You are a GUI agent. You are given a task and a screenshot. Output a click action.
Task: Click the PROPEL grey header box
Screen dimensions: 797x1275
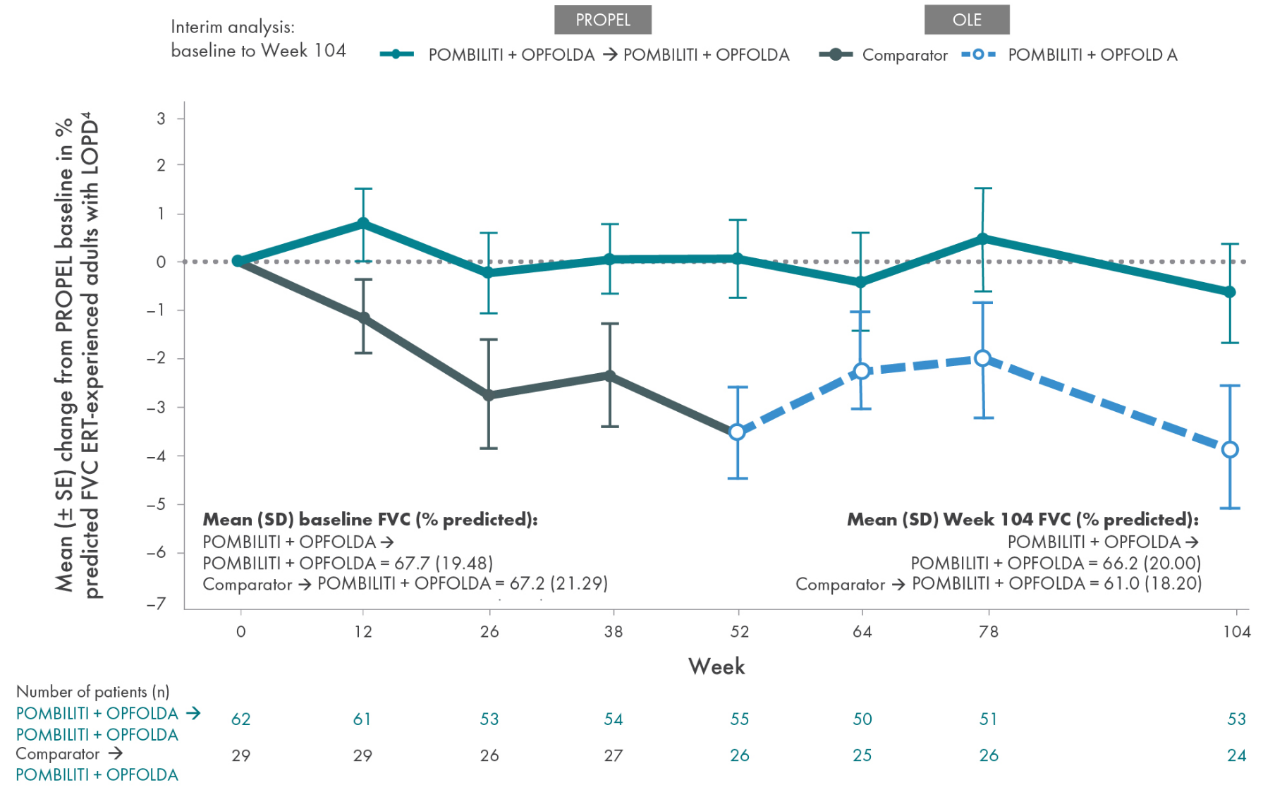coord(602,20)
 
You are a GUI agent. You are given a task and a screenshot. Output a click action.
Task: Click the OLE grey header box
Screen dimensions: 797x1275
coord(966,20)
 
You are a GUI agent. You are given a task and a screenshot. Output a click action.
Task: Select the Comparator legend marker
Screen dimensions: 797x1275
coord(836,54)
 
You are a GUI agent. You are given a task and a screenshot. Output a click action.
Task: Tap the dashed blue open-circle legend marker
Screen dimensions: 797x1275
coord(978,54)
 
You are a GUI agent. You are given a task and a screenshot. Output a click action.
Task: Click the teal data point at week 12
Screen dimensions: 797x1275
coord(363,224)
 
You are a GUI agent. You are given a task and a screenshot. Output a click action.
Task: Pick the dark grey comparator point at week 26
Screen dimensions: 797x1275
coord(489,395)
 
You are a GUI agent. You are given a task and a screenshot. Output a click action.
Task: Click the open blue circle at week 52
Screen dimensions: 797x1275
coord(737,432)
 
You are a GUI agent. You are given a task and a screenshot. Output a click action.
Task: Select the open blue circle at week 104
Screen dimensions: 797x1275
coord(1230,449)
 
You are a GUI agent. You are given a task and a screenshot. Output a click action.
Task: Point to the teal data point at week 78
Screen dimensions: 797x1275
coord(983,239)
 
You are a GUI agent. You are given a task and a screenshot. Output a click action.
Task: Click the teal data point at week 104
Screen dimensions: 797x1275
coord(1230,291)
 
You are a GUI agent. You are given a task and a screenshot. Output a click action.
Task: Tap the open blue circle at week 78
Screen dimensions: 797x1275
coord(983,358)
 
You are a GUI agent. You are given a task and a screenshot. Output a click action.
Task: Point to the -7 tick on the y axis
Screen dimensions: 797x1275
coord(157,604)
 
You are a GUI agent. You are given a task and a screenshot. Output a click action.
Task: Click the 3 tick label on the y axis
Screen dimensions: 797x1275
coord(161,118)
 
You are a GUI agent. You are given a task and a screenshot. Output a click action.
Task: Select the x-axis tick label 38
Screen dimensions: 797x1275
coord(613,631)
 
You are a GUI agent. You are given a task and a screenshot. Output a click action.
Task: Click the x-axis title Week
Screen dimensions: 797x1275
coord(716,667)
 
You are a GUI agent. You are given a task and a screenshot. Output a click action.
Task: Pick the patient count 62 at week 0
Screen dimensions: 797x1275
coord(240,719)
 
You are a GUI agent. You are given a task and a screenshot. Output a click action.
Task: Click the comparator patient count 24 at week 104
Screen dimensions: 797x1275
coord(1236,755)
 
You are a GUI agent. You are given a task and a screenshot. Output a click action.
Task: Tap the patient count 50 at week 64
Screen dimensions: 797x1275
coord(862,719)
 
